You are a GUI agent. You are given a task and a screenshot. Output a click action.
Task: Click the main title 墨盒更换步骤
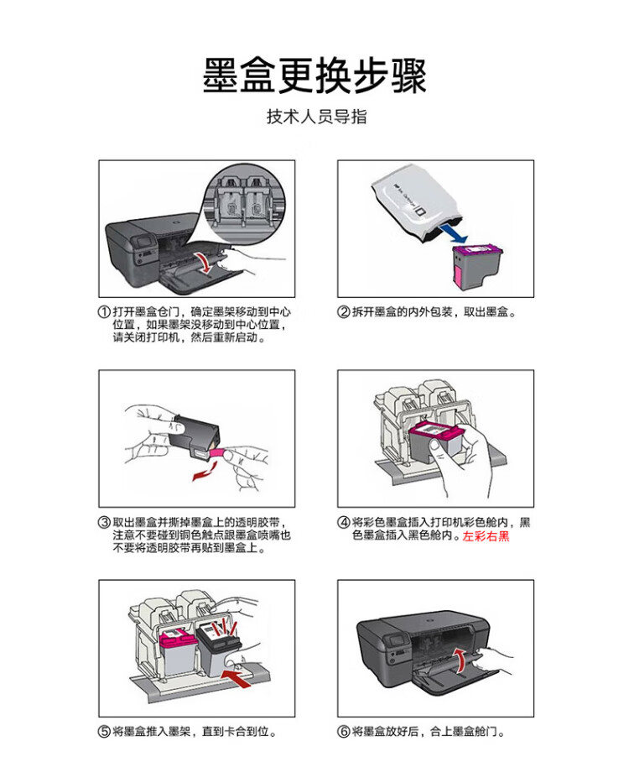click(x=314, y=75)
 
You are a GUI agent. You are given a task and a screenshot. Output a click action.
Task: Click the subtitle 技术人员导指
click(x=316, y=117)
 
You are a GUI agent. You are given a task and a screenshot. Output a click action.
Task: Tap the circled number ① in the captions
click(x=105, y=312)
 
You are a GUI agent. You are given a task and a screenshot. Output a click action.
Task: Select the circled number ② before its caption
click(x=344, y=312)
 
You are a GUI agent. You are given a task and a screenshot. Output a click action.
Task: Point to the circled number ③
click(x=105, y=523)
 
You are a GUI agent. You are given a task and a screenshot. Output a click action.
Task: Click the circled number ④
click(x=344, y=523)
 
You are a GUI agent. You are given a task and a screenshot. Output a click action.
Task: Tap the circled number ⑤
click(x=105, y=732)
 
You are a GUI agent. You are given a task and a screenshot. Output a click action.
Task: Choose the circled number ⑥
click(x=344, y=732)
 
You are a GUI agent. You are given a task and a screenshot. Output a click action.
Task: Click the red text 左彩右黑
click(x=486, y=535)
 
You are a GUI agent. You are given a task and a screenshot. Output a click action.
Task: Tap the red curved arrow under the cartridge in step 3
click(x=202, y=476)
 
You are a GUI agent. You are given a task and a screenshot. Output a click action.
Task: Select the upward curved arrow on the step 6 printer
click(x=460, y=658)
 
